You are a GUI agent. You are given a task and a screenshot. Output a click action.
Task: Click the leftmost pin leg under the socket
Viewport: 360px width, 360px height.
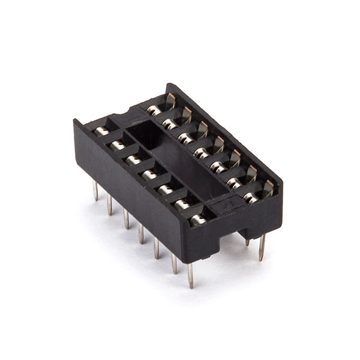tap(95, 191)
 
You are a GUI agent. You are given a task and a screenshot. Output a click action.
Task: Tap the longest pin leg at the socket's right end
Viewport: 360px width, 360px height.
tap(262, 247)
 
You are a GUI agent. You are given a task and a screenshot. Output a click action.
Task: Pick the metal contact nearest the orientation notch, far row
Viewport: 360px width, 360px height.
tap(155, 110)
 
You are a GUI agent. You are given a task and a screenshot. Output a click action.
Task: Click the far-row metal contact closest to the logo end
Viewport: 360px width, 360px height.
tap(252, 197)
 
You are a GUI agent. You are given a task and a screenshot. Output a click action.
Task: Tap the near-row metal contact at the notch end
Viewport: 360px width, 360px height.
tap(102, 131)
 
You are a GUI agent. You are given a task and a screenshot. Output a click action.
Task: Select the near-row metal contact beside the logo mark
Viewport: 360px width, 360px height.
tap(197, 220)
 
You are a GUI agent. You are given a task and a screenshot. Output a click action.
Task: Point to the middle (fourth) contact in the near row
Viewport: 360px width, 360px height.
tap(149, 174)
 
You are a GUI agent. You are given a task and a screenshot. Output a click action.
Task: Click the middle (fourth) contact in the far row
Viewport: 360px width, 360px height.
tap(203, 154)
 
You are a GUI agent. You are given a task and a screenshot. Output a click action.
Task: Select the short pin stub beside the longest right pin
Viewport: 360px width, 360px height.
tap(247, 241)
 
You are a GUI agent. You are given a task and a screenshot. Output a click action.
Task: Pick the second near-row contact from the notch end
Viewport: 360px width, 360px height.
tap(117, 145)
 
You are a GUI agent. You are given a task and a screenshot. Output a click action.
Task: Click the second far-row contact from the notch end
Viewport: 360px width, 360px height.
tap(170, 124)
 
